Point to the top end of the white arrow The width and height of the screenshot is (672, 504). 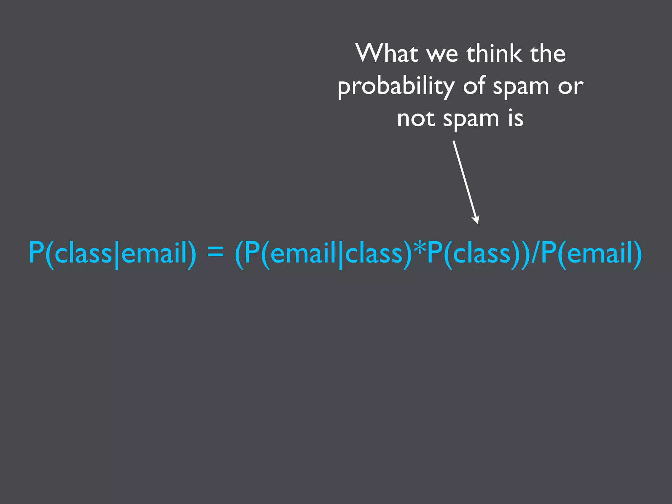coord(454,142)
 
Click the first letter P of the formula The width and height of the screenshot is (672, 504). coord(36,253)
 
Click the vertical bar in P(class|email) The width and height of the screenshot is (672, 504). coord(116,254)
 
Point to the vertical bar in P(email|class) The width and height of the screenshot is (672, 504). coord(341,254)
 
